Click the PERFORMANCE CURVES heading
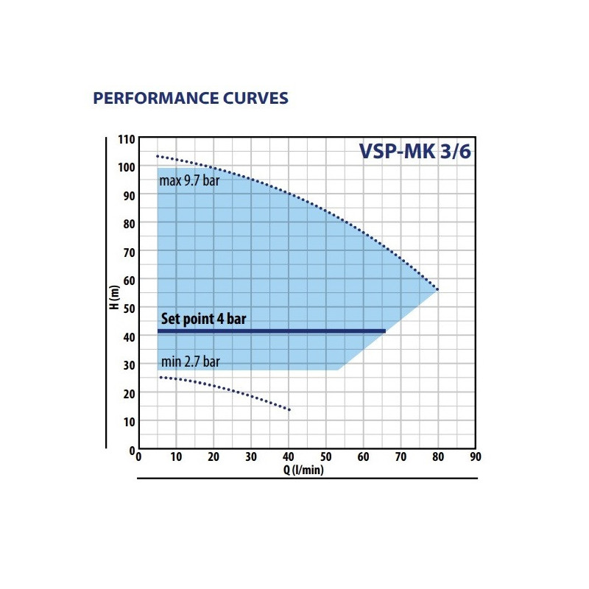190,99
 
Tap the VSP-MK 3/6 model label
415,151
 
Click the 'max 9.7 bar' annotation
190,181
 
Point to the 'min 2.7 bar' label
190,361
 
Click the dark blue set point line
272,331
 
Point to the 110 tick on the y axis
127,140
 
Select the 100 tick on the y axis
127,168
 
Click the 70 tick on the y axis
128,253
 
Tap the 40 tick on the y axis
128,337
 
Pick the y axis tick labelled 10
128,421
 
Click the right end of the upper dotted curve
437,289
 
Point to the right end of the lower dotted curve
289,410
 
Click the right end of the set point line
385,331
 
